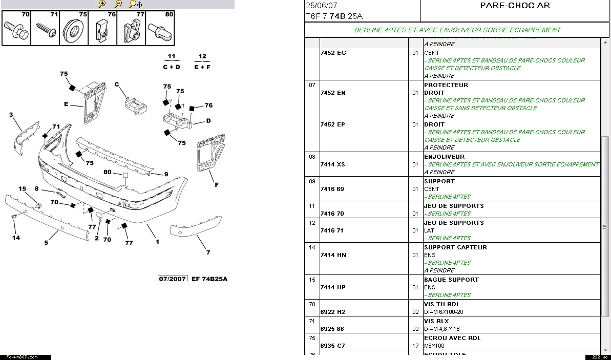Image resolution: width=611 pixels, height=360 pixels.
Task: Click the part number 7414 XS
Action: pyautogui.click(x=332, y=164)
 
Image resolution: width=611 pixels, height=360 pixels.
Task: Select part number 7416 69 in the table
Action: pyautogui.click(x=332, y=189)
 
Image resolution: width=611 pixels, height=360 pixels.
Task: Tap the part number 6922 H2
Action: pyautogui.click(x=332, y=312)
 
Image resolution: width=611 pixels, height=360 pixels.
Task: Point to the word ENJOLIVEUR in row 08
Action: pyautogui.click(x=444, y=157)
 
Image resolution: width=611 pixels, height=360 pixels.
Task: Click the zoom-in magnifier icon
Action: pyautogui.click(x=101, y=4)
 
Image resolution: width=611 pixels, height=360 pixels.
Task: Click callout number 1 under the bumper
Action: pyautogui.click(x=157, y=242)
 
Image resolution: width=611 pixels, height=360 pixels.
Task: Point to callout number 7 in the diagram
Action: pyautogui.click(x=208, y=252)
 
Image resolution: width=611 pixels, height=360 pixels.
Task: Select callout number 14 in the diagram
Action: pyautogui.click(x=16, y=238)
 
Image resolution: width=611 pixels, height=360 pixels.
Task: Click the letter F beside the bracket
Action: pyautogui.click(x=217, y=185)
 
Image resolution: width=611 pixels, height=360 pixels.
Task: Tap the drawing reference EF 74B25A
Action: pyautogui.click(x=209, y=279)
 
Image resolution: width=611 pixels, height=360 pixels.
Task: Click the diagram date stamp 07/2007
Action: pyautogui.click(x=172, y=279)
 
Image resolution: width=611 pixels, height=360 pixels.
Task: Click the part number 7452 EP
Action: pyautogui.click(x=332, y=124)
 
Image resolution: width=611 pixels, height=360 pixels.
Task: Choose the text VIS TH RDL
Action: pyautogui.click(x=441, y=304)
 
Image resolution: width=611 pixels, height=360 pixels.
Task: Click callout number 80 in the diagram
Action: pyautogui.click(x=107, y=172)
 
